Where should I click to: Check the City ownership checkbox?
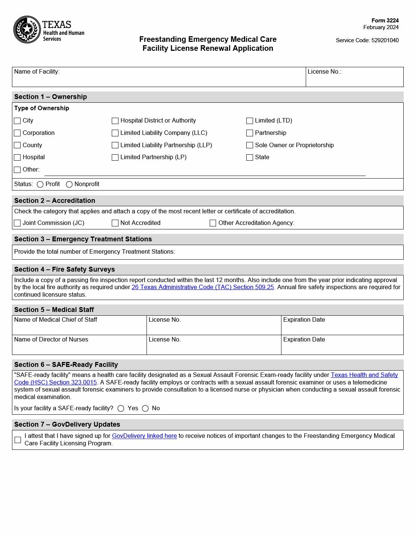tap(17, 121)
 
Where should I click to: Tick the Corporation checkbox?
tap(17, 133)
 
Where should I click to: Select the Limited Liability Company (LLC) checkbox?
tap(115, 133)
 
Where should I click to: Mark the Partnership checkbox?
tap(250, 133)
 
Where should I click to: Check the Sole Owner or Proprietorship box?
tap(250, 145)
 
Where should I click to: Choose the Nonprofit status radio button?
tap(69, 185)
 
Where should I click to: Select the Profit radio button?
tap(40, 185)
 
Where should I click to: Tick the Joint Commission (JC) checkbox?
tap(17, 223)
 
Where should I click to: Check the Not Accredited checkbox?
tap(115, 223)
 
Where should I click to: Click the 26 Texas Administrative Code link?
tap(203, 287)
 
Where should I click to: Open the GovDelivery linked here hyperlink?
tap(144, 436)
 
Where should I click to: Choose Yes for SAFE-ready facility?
tap(121, 409)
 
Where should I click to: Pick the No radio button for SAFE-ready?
tap(145, 409)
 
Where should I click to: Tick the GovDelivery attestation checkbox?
tap(18, 440)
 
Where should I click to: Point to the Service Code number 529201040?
tap(385, 40)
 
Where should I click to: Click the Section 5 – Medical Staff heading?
tap(54, 310)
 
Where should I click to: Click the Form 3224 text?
tap(385, 21)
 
